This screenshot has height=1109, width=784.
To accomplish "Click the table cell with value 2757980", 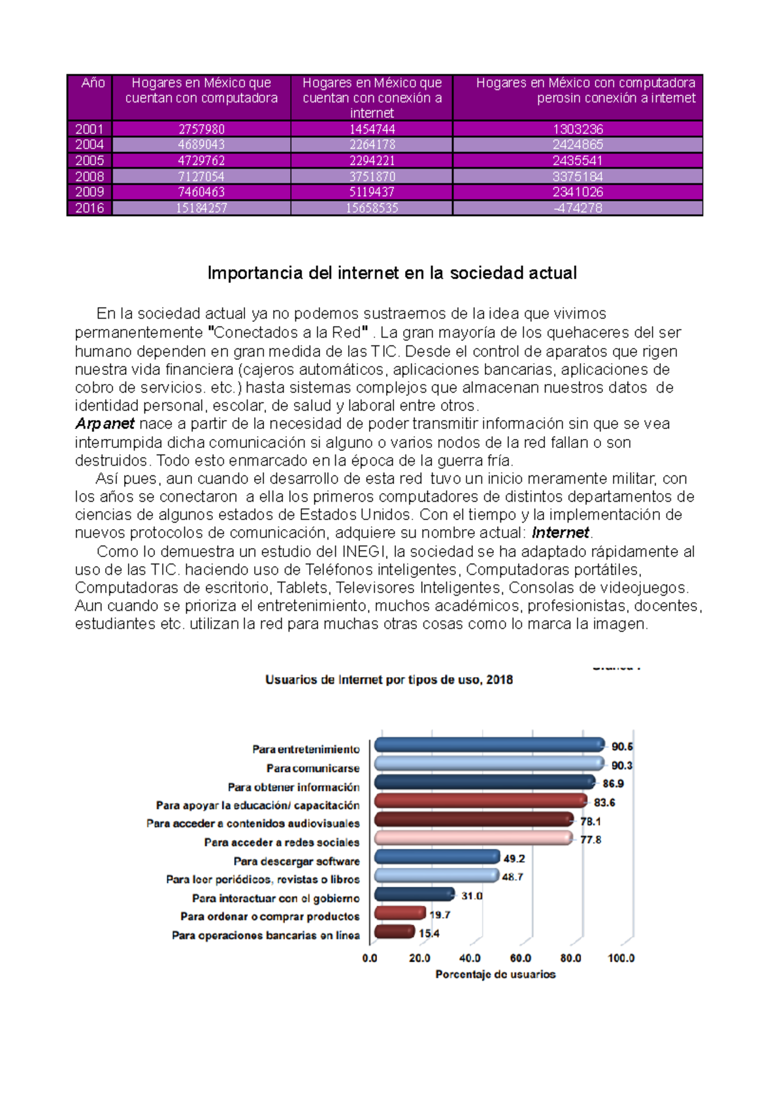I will [x=201, y=129].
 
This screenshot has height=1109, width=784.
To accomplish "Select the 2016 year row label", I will [x=90, y=208].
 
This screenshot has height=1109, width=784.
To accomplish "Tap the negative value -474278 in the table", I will [x=578, y=208].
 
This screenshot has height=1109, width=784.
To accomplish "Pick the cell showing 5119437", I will [x=372, y=192].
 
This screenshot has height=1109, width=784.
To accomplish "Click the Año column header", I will [x=93, y=83].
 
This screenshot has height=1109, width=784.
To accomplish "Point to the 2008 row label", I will [x=90, y=176].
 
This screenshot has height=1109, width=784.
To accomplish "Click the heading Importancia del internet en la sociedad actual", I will [x=391, y=273].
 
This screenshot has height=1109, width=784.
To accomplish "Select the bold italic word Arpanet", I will [x=105, y=424].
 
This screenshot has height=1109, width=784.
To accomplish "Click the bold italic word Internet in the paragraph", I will [x=560, y=533].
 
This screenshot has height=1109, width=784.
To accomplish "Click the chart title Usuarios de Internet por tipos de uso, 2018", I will [x=389, y=680].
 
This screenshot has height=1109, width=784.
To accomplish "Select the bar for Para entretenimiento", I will [x=489, y=745].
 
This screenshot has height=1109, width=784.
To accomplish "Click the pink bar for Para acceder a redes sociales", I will [x=473, y=839].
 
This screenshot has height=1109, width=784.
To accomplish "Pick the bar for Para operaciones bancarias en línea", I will [x=394, y=932].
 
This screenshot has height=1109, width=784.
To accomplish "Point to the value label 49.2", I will [x=514, y=859].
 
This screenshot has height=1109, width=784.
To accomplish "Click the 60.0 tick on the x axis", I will [x=520, y=958].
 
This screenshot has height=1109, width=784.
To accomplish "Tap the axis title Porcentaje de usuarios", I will [x=495, y=974].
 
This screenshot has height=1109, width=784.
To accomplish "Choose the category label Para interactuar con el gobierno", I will [x=276, y=899].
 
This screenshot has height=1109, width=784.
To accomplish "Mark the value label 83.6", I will [x=604, y=803].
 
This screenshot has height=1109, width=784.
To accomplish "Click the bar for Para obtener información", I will [x=484, y=782].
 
